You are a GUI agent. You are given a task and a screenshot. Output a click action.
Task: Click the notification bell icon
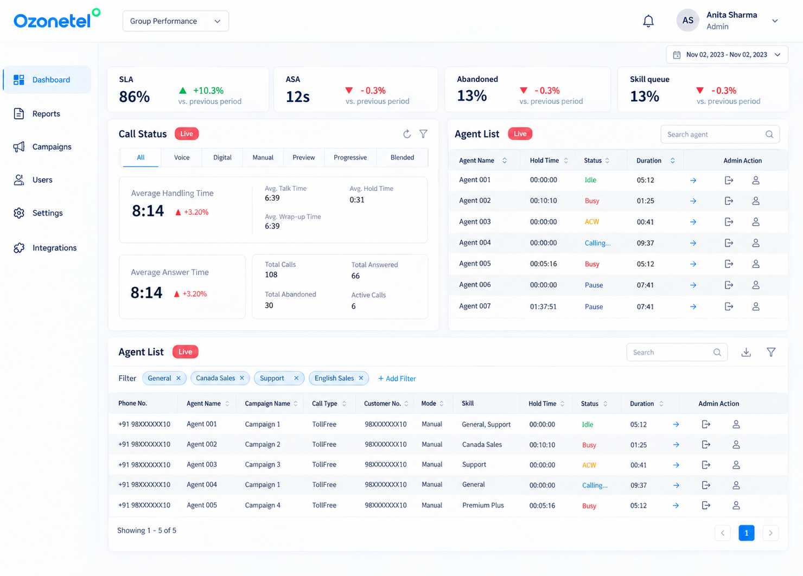pyautogui.click(x=648, y=21)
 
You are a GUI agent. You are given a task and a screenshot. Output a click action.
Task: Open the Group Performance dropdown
pyautogui.click(x=176, y=21)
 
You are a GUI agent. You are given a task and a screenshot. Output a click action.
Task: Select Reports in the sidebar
pyautogui.click(x=46, y=113)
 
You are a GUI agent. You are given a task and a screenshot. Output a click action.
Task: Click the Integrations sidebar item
pyautogui.click(x=54, y=248)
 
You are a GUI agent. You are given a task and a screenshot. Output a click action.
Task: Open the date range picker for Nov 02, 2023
pyautogui.click(x=726, y=54)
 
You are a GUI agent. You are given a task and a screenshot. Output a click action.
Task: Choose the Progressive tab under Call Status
pyautogui.click(x=350, y=157)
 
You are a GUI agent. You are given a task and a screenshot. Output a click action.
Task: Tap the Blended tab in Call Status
pyautogui.click(x=402, y=157)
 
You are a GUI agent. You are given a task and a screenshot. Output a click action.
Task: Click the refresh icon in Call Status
pyautogui.click(x=406, y=134)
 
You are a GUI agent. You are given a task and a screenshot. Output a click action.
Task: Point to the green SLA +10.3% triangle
pyautogui.click(x=183, y=91)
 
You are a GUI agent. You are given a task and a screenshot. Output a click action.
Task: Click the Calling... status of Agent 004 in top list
pyautogui.click(x=597, y=243)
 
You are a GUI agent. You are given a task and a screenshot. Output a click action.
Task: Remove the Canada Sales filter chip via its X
pyautogui.click(x=242, y=378)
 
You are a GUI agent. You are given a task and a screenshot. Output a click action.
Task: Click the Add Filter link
pyautogui.click(x=397, y=379)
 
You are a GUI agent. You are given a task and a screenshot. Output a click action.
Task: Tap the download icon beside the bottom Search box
pyautogui.click(x=746, y=353)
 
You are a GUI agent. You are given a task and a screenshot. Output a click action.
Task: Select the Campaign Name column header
pyautogui.click(x=267, y=404)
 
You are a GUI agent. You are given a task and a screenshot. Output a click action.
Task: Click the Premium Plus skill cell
pyautogui.click(x=483, y=505)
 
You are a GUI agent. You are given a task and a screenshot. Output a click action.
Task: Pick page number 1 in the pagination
pyautogui.click(x=747, y=533)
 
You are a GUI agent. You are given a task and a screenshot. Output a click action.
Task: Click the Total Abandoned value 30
pyautogui.click(x=269, y=305)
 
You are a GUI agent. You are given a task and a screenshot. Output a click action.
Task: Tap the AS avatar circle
pyautogui.click(x=687, y=21)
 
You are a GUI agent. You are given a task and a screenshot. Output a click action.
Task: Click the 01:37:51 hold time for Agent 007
pyautogui.click(x=543, y=306)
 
